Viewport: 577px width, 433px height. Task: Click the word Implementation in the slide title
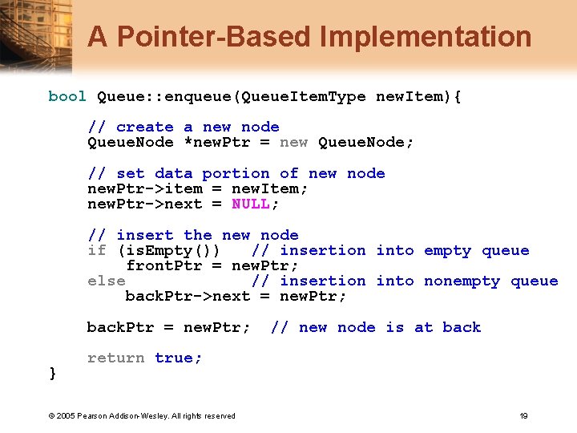pyautogui.click(x=425, y=37)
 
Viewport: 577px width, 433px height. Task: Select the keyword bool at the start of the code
pyautogui.click(x=67, y=96)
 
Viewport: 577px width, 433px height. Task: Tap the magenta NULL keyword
pyautogui.click(x=252, y=204)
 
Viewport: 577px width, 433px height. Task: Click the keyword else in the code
pyautogui.click(x=106, y=281)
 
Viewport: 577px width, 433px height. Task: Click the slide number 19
pyautogui.click(x=523, y=415)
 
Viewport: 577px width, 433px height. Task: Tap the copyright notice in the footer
pyautogui.click(x=142, y=415)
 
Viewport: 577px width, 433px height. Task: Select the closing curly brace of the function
pyautogui.click(x=53, y=373)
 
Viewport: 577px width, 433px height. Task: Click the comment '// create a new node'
pyautogui.click(x=184, y=127)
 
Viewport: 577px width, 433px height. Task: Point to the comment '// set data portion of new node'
pyautogui.click(x=236, y=173)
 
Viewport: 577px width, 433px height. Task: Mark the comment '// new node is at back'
pyautogui.click(x=376, y=327)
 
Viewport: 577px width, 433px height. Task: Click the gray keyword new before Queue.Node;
pyautogui.click(x=293, y=142)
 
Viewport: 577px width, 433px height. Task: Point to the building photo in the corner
pyautogui.click(x=32, y=36)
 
